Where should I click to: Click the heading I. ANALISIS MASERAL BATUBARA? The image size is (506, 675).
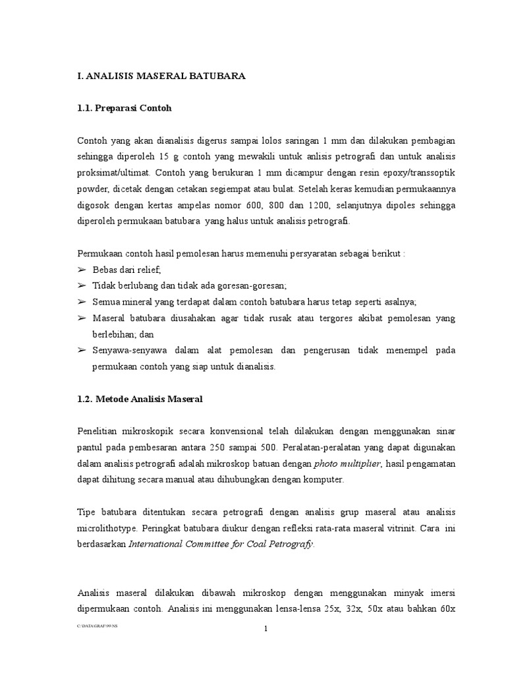[x=161, y=76]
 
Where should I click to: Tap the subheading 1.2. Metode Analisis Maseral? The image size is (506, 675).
[x=140, y=399]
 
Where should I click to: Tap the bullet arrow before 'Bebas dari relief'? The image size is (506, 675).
[x=82, y=270]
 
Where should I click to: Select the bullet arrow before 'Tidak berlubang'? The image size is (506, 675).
[x=82, y=285]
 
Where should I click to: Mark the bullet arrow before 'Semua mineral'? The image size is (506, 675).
[x=82, y=301]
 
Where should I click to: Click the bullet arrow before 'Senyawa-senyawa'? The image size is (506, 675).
[x=82, y=350]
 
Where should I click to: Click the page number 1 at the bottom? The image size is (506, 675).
[x=266, y=629]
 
